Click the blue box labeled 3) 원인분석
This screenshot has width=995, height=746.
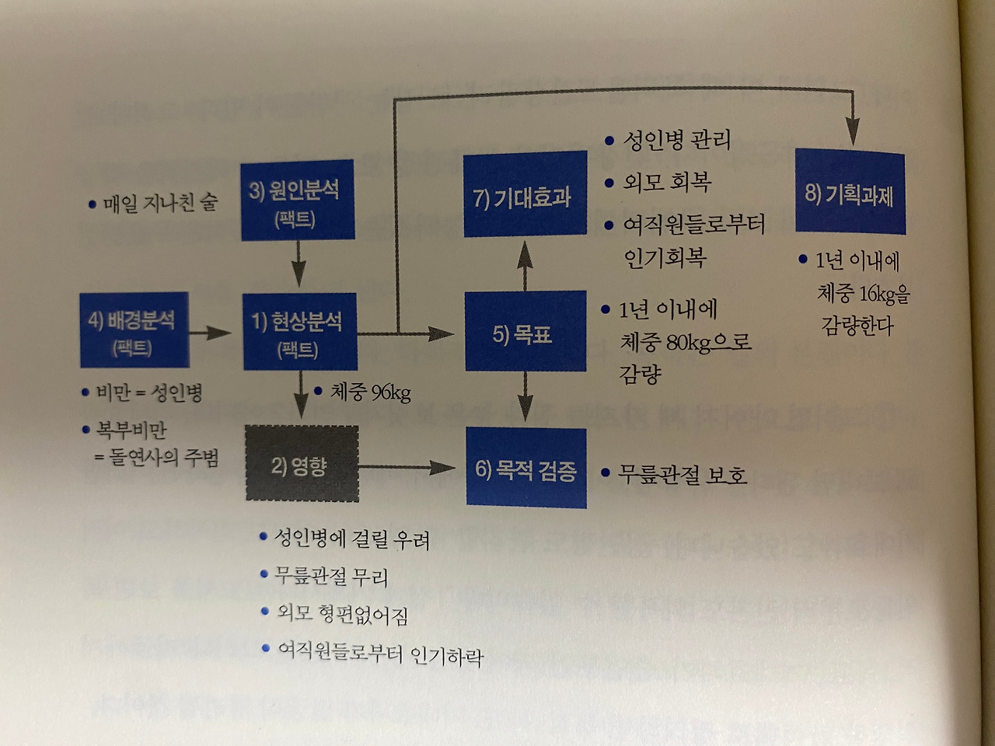[x=297, y=200]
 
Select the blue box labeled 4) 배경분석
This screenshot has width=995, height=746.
[x=134, y=329]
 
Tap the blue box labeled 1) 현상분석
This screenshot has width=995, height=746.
[x=299, y=332]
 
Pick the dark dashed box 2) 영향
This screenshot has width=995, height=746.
[x=302, y=465]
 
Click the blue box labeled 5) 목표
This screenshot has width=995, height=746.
[x=525, y=332]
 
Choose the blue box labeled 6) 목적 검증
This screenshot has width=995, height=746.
[x=526, y=468]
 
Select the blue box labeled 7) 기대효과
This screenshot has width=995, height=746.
[x=525, y=196]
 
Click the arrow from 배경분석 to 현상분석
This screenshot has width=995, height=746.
[x=210, y=333]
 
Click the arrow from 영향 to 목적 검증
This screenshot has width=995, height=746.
[x=408, y=468]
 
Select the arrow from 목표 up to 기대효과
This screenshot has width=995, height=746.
[x=525, y=264]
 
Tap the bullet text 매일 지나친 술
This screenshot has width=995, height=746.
[x=159, y=204]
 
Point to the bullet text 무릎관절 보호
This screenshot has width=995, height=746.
[x=682, y=473]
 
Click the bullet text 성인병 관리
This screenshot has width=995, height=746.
[x=676, y=141]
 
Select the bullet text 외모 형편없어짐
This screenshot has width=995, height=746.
[x=342, y=614]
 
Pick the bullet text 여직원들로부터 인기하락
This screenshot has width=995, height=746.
[x=380, y=654]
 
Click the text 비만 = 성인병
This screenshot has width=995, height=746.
[x=148, y=393]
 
